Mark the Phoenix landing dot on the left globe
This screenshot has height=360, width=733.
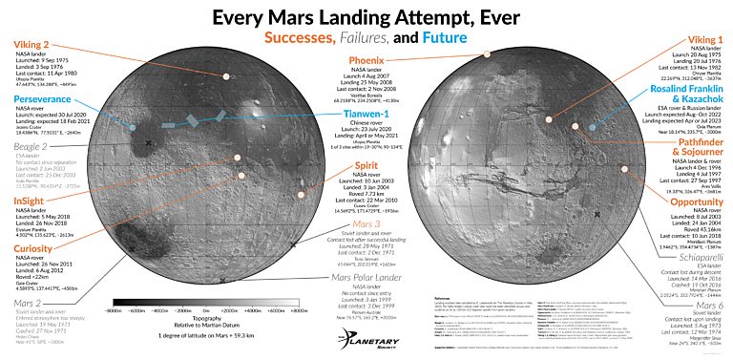click(225, 75)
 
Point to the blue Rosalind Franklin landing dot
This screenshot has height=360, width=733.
click(592, 126)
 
